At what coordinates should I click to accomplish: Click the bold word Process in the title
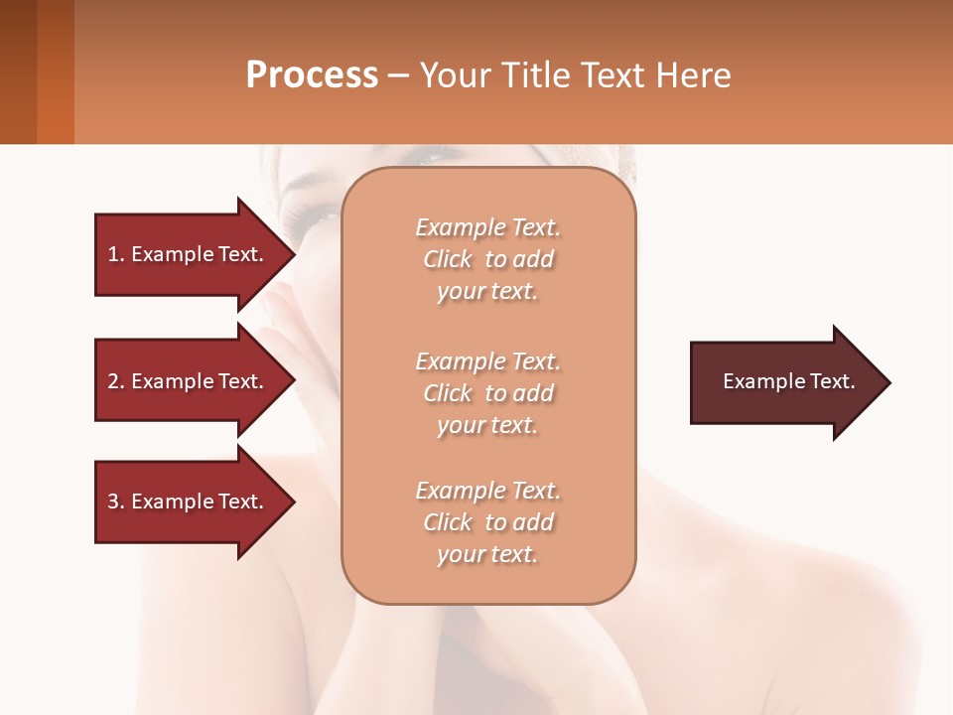pos(312,75)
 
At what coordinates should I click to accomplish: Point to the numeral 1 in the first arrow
pos(113,254)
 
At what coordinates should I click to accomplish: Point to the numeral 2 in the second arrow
pos(113,381)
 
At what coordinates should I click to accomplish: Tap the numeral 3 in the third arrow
pos(113,501)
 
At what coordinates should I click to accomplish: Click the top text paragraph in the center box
pos(487,259)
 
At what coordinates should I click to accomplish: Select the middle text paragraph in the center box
pos(487,393)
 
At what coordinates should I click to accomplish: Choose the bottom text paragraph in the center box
pos(487,522)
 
